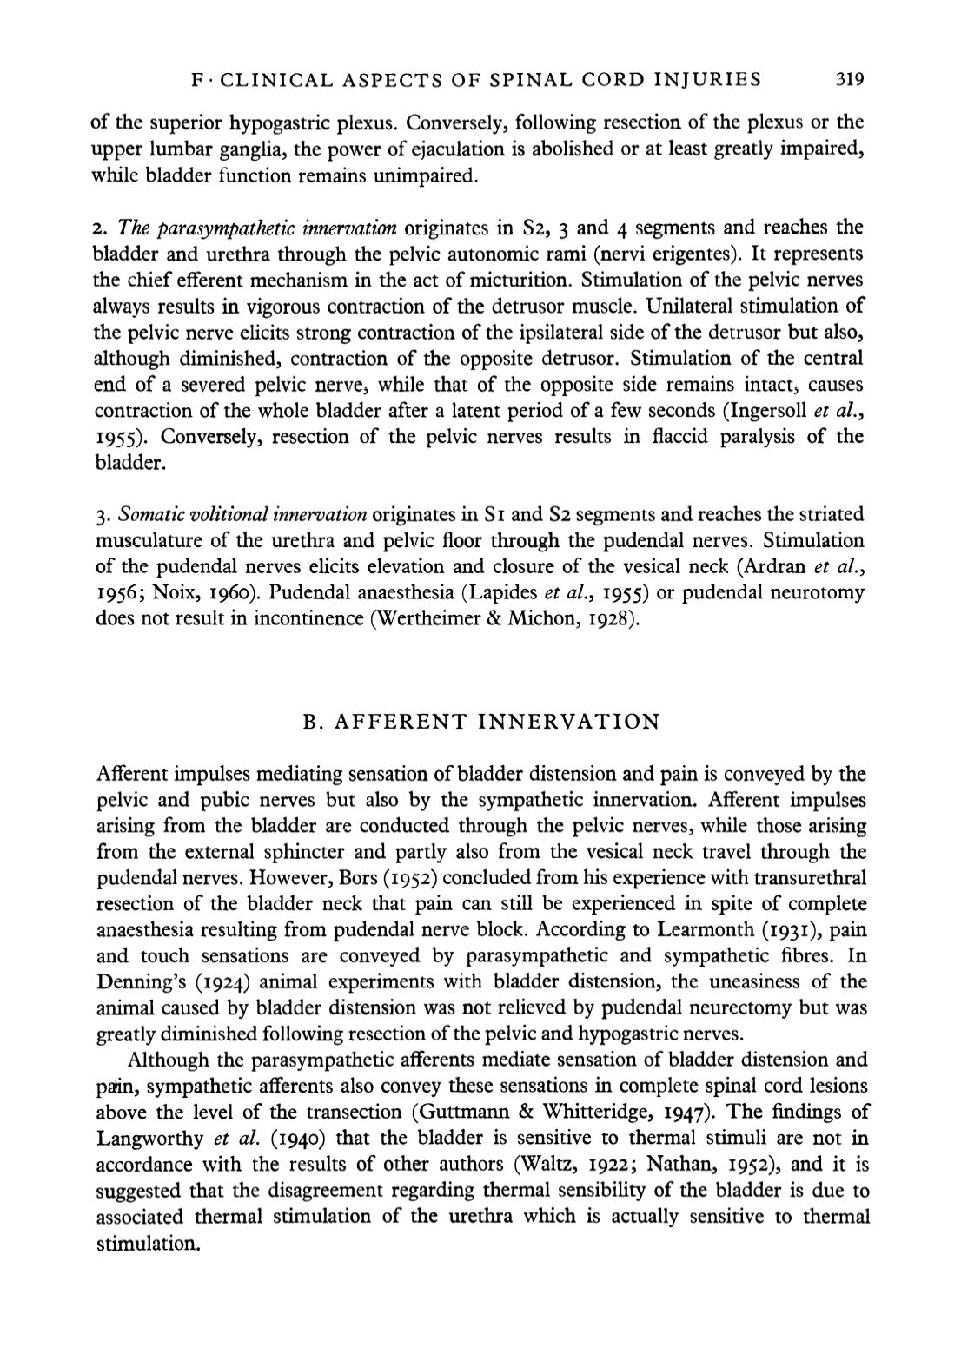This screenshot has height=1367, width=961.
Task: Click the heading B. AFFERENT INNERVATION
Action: pyautogui.click(x=480, y=722)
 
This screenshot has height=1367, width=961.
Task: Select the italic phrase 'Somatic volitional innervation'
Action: pyautogui.click(x=242, y=514)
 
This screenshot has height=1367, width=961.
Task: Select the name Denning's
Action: pyautogui.click(x=136, y=982)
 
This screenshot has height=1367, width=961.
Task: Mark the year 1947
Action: pyautogui.click(x=661, y=1113)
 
